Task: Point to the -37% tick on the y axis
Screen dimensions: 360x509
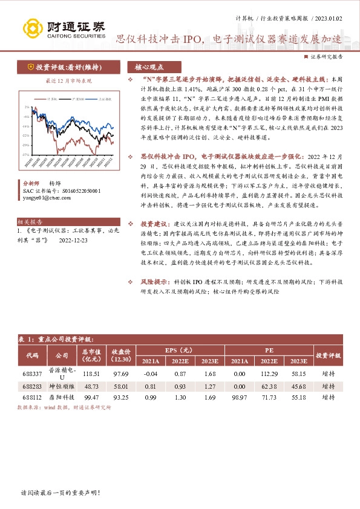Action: pos(25,154)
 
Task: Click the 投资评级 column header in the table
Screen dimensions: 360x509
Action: pos(329,355)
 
